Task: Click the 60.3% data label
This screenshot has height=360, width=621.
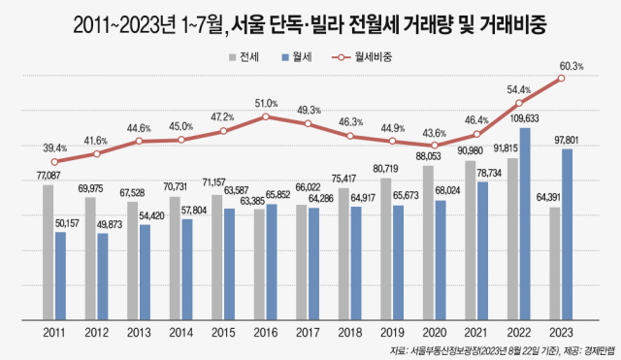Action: (572, 66)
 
